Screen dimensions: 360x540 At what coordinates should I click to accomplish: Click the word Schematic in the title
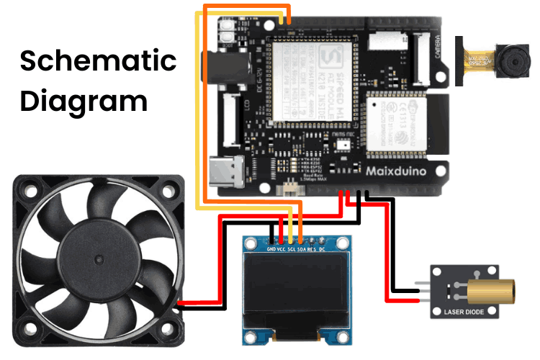pos(98,60)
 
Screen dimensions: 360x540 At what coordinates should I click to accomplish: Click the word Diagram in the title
pos(84,100)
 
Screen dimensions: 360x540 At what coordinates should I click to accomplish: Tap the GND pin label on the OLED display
pos(271,249)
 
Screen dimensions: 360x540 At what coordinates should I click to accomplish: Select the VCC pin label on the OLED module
pos(282,249)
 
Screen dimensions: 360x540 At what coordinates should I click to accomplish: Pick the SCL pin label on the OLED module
pos(292,249)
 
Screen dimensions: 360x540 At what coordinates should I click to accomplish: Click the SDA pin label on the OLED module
pos(302,249)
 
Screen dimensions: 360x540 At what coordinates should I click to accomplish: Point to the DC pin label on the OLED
pos(323,249)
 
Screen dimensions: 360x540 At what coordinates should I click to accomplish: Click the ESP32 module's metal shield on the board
pos(397,127)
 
